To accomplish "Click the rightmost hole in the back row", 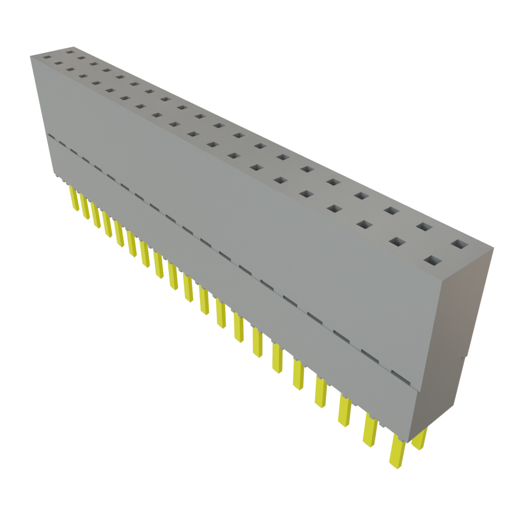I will tap(460, 245).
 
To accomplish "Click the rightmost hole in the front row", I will tap(432, 261).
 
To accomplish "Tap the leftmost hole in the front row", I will tap(47, 57).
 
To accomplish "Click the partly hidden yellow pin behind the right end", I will tap(420, 439).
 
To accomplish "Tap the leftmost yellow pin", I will tap(74, 199).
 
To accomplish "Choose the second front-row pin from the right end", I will tap(370, 431).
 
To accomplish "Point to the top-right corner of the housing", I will tap(494, 248).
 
